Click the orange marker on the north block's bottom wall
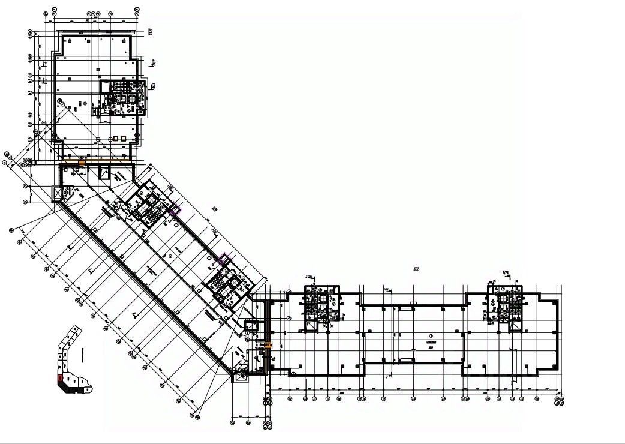[x=82, y=161]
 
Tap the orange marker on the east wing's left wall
[x=268, y=345]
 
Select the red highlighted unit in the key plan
[x=60, y=379]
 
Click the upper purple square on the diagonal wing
[x=175, y=211]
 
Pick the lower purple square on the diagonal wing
[x=223, y=259]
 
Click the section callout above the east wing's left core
[x=310, y=277]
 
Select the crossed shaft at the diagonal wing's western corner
[x=58, y=193]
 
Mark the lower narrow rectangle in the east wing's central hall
[x=405, y=359]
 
